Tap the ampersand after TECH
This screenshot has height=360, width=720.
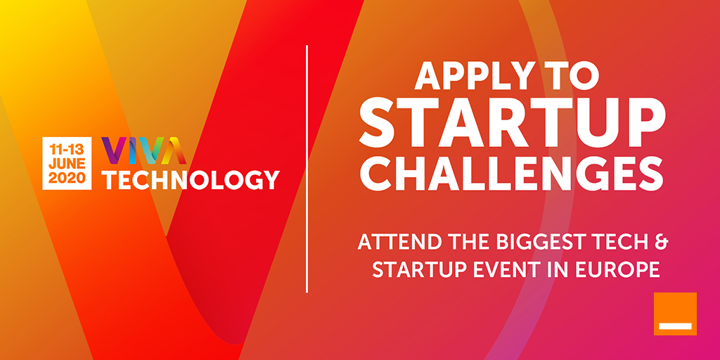click(660, 243)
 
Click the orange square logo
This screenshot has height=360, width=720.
click(675, 314)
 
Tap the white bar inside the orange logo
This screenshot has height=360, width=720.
click(675, 326)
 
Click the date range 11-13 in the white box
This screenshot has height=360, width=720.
click(67, 149)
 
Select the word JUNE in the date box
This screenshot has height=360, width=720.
click(67, 163)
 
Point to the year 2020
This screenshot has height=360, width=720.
click(67, 178)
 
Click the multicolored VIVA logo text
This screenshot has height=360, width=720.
click(143, 150)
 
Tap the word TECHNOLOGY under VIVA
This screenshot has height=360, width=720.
click(190, 179)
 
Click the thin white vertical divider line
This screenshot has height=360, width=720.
click(307, 169)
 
